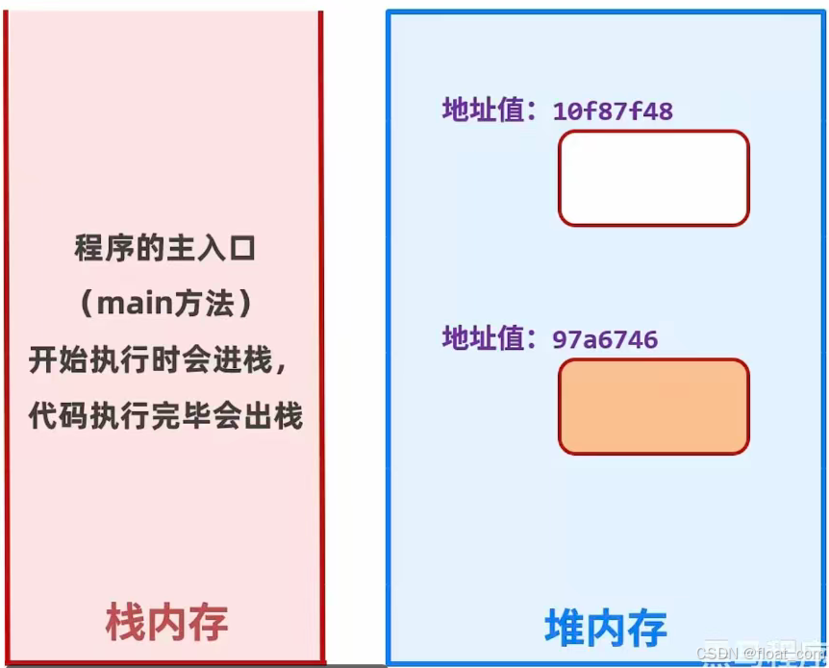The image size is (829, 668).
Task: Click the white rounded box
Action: pos(653,178)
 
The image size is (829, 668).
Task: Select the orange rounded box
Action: pos(653,406)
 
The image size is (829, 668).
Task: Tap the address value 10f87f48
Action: pos(613,111)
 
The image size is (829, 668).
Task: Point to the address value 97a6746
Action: pos(605,339)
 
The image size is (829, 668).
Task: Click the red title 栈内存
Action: pos(166,623)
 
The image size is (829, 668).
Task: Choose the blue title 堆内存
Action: pos(605,629)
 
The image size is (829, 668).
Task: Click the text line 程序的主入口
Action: pos(165,249)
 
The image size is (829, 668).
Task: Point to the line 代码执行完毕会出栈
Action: pos(165,416)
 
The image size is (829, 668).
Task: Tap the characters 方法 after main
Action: pos(208,305)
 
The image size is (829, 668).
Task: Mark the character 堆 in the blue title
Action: pos(565,629)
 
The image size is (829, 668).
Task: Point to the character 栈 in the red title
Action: pos(125,623)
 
